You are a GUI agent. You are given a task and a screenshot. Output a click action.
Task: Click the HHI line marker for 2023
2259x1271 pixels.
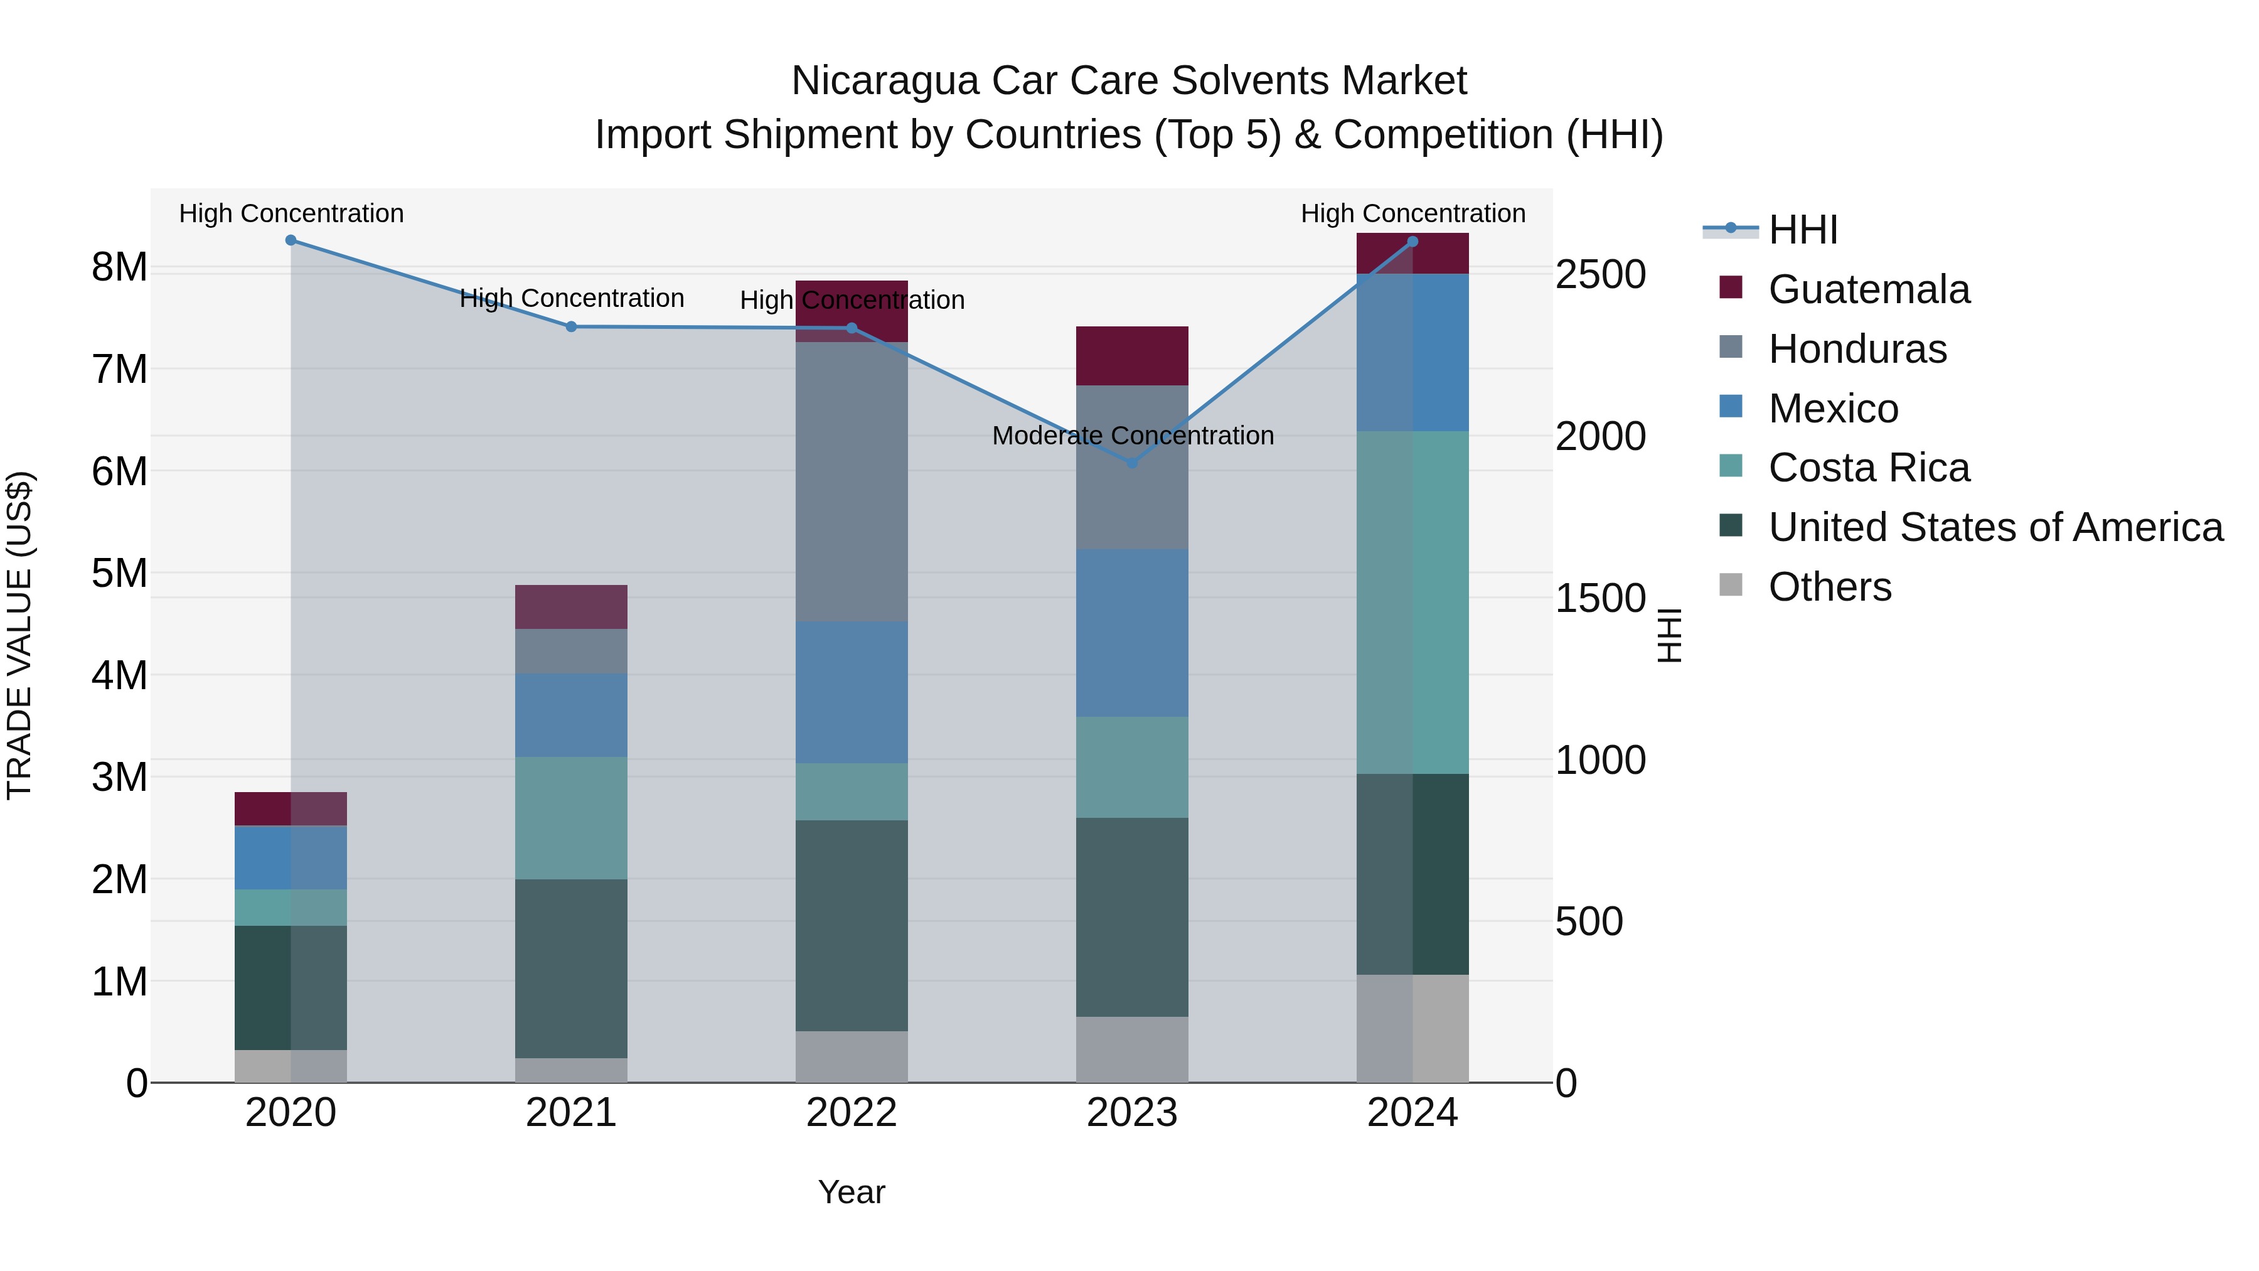(1132, 462)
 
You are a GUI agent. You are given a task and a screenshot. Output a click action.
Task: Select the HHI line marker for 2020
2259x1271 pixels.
(291, 240)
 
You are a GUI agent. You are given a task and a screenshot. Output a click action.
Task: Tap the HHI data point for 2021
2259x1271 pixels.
(571, 326)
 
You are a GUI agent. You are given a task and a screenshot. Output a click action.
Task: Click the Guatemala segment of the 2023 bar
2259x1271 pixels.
(1132, 355)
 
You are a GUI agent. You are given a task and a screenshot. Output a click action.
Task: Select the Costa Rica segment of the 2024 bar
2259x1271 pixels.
(1413, 602)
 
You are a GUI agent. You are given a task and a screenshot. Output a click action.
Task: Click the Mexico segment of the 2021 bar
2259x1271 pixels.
(571, 715)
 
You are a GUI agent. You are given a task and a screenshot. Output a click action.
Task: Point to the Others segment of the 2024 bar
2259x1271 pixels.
(1413, 1028)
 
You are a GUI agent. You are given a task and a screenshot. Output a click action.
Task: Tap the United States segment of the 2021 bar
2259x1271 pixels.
(571, 968)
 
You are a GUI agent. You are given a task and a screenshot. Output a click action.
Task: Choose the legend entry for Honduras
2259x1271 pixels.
(1857, 349)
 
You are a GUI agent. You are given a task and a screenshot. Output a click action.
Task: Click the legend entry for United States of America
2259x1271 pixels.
(1995, 527)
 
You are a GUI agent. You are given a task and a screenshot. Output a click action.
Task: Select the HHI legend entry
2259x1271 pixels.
(1802, 230)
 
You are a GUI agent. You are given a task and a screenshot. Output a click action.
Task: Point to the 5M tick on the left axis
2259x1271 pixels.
(120, 573)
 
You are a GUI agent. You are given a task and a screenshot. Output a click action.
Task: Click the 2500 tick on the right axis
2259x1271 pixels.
(1600, 274)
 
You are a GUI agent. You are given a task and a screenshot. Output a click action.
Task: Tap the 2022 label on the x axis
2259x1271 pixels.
(852, 1113)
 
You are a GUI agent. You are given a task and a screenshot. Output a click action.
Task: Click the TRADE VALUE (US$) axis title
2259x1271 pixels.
(19, 635)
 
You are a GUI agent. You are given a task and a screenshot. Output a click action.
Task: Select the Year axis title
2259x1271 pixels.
(852, 1192)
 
